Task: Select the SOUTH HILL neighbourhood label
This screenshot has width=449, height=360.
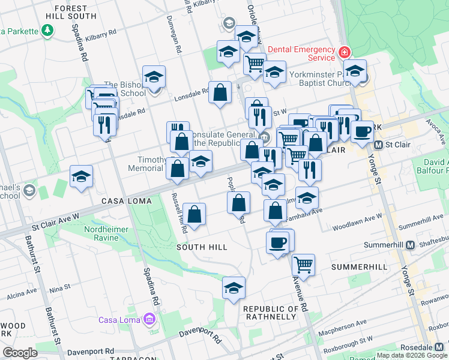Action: pyautogui.click(x=202, y=247)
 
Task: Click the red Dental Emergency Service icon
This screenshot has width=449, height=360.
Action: pyautogui.click(x=344, y=52)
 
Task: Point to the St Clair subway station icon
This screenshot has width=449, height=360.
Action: pyautogui.click(x=379, y=145)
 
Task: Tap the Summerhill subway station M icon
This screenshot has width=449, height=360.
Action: pyautogui.click(x=411, y=245)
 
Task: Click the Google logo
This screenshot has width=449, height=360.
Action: pyautogui.click(x=20, y=353)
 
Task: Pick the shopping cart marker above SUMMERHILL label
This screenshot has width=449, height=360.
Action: pyautogui.click(x=304, y=264)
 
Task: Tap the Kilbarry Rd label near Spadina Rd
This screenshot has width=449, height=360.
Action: pyautogui.click(x=101, y=36)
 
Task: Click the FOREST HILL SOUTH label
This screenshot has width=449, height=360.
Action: pyautogui.click(x=74, y=12)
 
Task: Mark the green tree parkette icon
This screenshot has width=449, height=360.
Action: pyautogui.click(x=47, y=31)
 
